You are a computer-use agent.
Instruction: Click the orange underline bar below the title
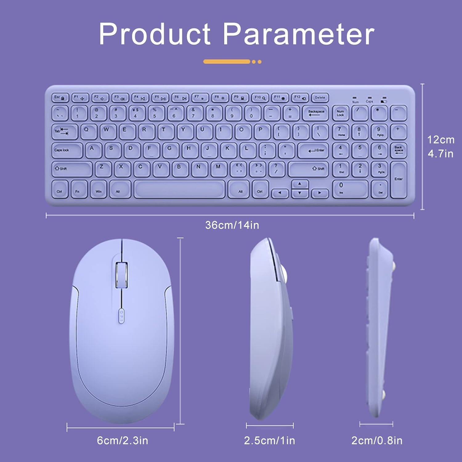[227, 62]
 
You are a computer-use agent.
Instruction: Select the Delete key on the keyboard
[320, 98]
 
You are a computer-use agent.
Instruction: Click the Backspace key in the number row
[316, 113]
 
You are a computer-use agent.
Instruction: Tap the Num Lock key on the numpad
[341, 113]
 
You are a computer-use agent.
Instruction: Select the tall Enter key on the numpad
[399, 180]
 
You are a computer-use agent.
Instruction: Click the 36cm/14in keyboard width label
[232, 225]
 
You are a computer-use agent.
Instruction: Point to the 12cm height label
[440, 140]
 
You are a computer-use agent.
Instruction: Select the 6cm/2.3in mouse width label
[122, 440]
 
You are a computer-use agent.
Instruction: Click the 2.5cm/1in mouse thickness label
[269, 440]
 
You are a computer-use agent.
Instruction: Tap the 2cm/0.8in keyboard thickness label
[377, 440]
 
